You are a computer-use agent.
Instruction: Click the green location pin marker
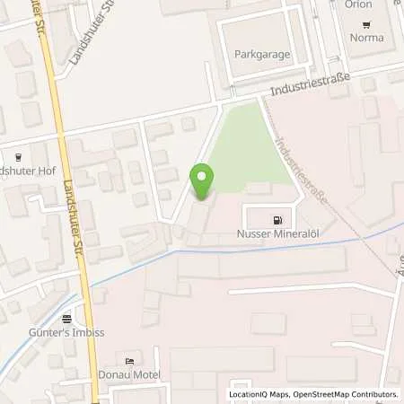[x=203, y=182]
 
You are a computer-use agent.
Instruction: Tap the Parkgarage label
[x=262, y=54]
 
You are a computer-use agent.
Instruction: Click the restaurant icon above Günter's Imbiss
[x=66, y=318]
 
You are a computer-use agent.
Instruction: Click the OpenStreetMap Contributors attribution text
[x=347, y=394]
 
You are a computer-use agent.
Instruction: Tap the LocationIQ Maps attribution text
[x=259, y=394]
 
